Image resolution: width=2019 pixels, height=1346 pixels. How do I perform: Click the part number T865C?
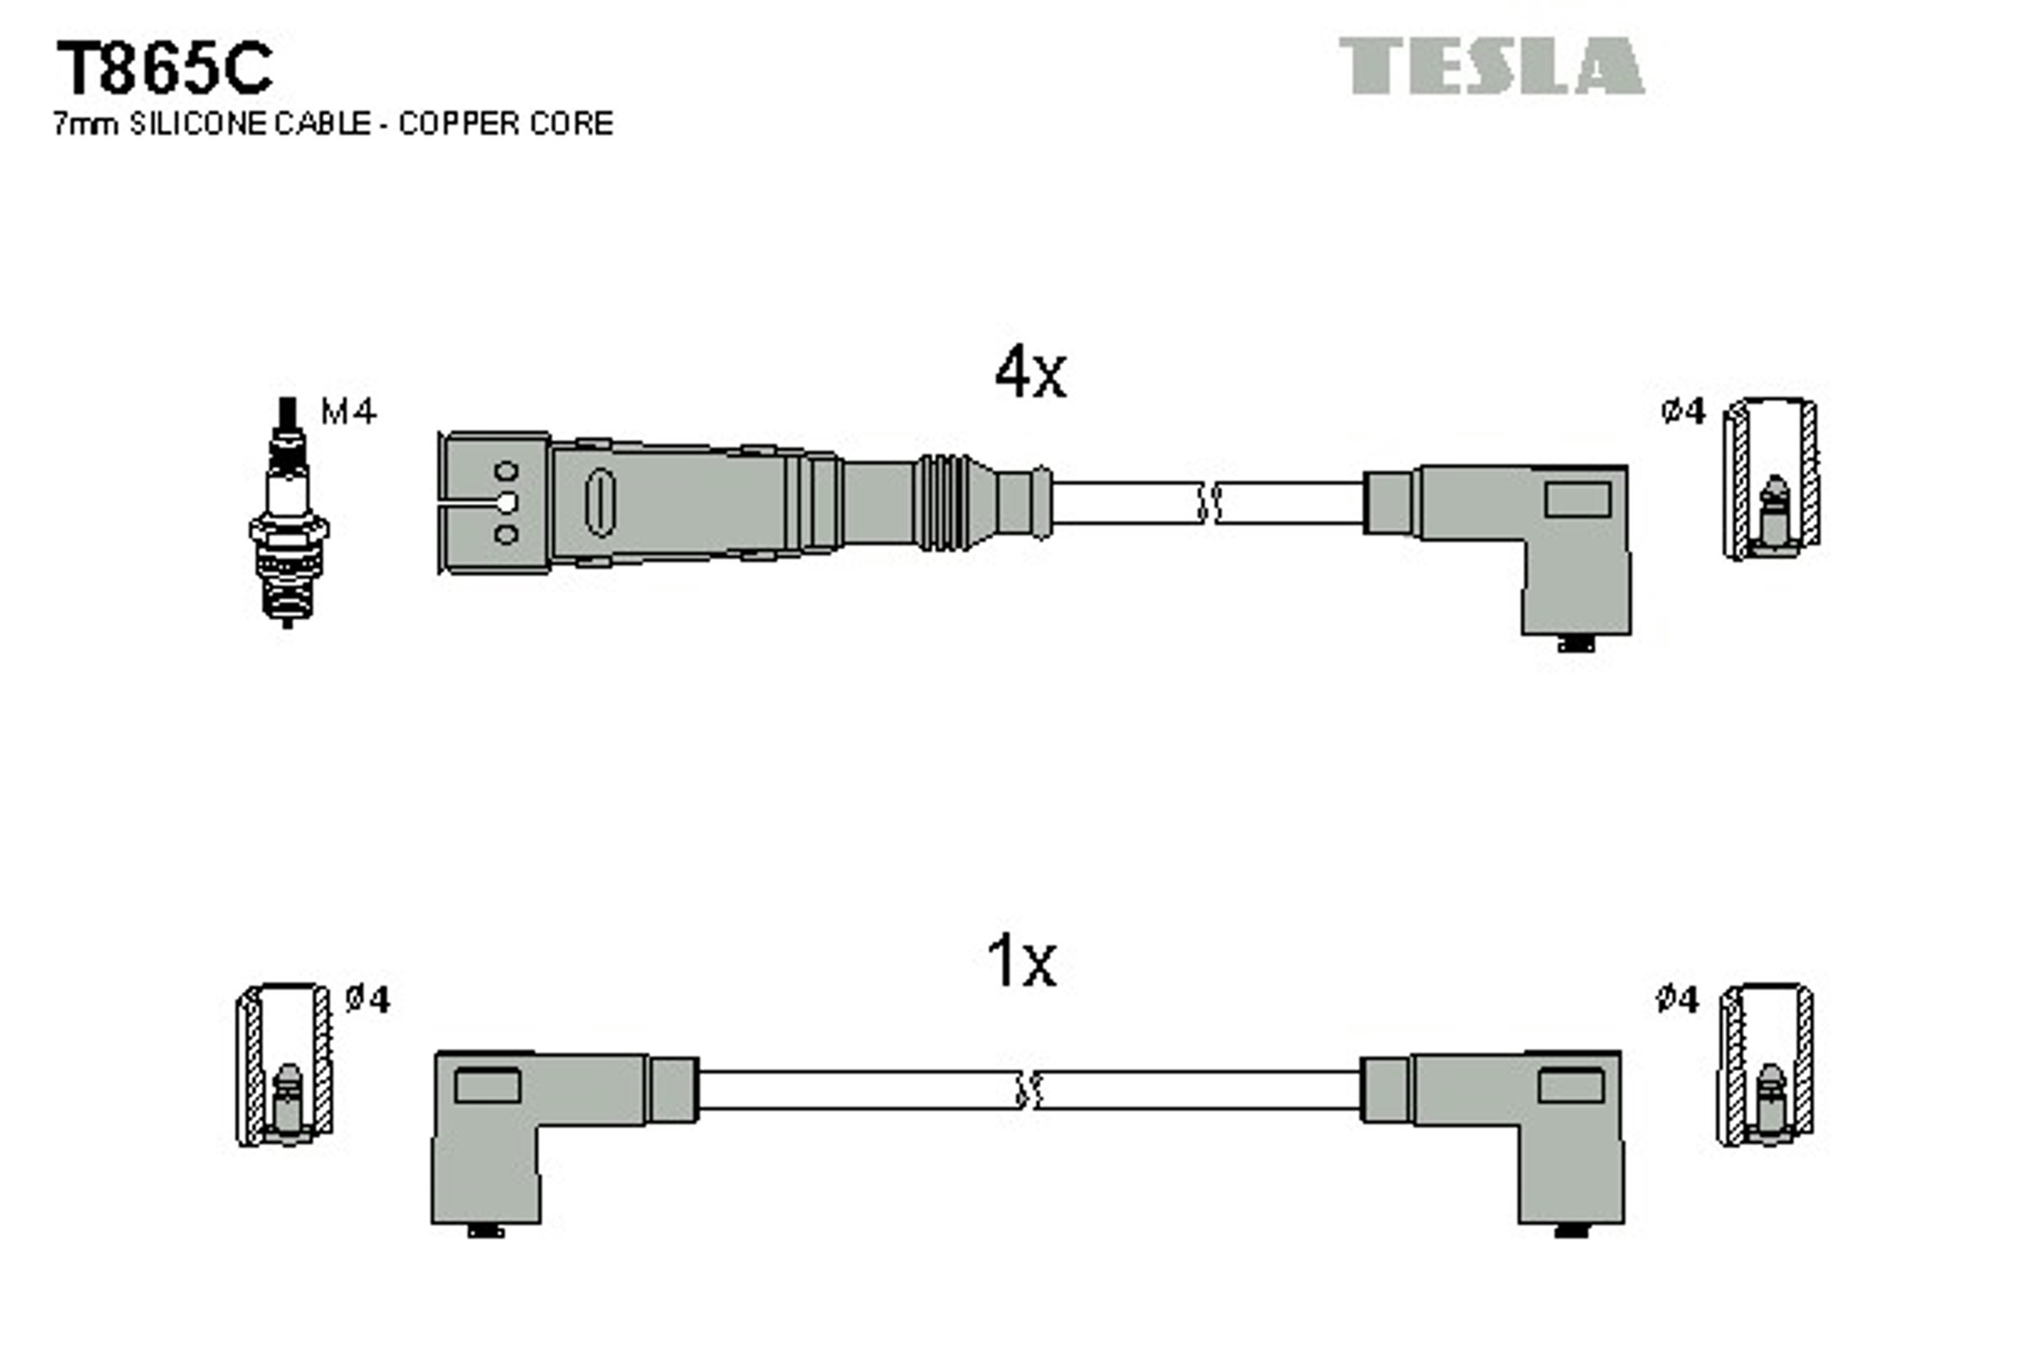(x=164, y=69)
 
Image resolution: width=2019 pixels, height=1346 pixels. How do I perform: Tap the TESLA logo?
(x=1491, y=66)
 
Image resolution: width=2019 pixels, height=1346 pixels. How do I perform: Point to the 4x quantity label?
(x=1029, y=373)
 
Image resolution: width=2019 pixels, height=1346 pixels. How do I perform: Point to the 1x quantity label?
(x=1020, y=962)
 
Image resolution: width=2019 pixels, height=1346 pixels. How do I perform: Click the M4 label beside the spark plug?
(x=347, y=412)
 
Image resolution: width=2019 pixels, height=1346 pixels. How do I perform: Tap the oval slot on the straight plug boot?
(x=599, y=502)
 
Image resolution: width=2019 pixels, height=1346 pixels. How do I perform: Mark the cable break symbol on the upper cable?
(x=1209, y=503)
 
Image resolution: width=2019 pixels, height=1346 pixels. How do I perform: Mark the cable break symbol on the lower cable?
(x=1027, y=1090)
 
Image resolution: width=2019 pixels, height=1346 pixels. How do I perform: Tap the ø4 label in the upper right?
(x=1682, y=412)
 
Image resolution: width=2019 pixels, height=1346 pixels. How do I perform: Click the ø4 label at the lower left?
(x=368, y=999)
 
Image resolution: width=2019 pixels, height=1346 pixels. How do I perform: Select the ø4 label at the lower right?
(x=1677, y=999)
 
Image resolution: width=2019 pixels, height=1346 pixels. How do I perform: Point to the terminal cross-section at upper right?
(x=1772, y=479)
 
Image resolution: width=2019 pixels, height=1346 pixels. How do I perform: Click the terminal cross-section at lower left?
(x=285, y=1065)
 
